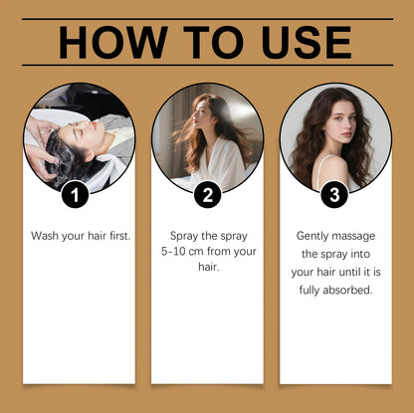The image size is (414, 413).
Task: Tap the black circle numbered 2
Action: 207,193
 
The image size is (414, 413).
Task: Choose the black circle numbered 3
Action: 335,193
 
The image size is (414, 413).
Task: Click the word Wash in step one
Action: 45,236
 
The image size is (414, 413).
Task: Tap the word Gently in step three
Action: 315,236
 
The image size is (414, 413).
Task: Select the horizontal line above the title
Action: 207,19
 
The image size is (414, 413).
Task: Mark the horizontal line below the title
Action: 207,66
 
